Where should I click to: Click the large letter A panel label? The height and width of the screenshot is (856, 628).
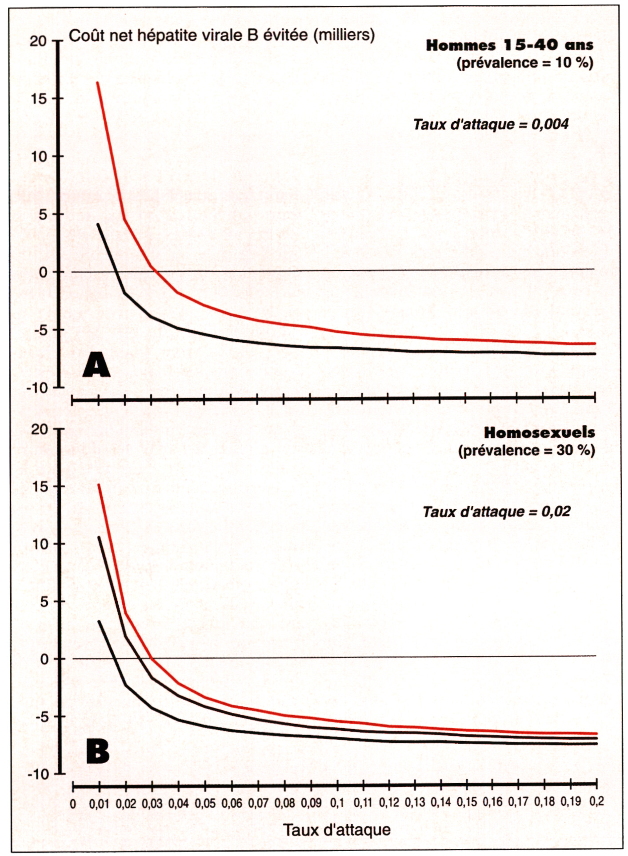click(96, 365)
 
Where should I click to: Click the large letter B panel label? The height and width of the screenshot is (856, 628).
click(98, 752)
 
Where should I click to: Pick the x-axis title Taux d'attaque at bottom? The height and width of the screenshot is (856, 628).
click(337, 829)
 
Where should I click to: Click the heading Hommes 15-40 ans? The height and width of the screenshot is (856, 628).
click(509, 45)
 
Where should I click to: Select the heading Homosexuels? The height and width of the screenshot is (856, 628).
click(539, 432)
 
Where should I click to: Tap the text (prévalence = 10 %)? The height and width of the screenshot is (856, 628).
click(525, 63)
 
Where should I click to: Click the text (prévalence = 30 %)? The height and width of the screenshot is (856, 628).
click(526, 450)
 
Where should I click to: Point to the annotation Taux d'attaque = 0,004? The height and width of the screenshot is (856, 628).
click(491, 124)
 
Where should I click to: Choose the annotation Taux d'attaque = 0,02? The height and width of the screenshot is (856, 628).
click(496, 511)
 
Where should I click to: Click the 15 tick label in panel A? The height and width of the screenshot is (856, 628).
click(39, 99)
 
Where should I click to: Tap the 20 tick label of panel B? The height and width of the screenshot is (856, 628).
click(39, 429)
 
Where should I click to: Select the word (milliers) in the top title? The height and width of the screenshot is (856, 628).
click(344, 35)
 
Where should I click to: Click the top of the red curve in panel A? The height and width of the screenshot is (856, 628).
click(98, 83)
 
